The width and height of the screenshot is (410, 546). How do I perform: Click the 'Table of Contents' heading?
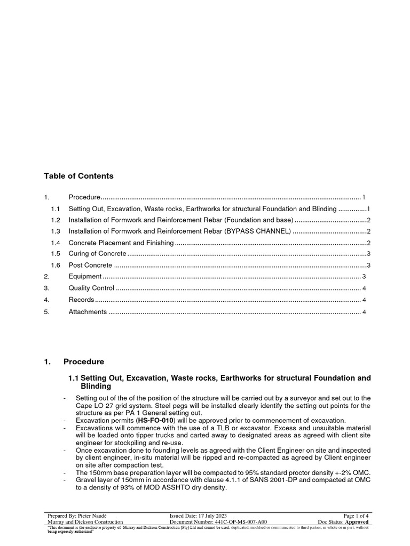[x=78, y=176]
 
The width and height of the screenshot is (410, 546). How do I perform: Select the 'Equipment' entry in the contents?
[x=85, y=276]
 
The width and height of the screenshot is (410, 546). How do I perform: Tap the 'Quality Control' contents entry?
[x=91, y=288]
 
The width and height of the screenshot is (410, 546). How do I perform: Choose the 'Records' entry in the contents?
[x=81, y=300]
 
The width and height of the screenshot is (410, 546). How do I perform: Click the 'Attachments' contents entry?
[x=88, y=311]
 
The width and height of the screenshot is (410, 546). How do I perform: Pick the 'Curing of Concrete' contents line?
[x=98, y=253]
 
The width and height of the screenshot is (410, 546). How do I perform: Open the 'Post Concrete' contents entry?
[x=90, y=265]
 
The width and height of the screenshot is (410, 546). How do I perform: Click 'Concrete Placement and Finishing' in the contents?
[x=121, y=243]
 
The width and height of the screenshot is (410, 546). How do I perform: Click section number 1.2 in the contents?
[x=56, y=220]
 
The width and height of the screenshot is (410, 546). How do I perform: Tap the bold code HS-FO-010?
[x=156, y=421]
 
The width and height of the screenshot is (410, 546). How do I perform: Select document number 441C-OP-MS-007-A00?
[x=240, y=522]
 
